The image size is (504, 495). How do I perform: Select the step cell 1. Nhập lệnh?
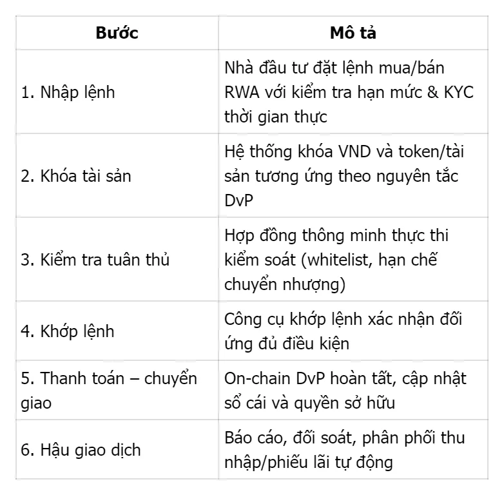68,92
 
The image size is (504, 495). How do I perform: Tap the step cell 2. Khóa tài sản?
76,175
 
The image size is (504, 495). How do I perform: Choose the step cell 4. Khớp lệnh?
68,331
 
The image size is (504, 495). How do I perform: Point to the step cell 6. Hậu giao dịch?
81,450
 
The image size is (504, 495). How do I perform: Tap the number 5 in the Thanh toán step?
25,378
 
